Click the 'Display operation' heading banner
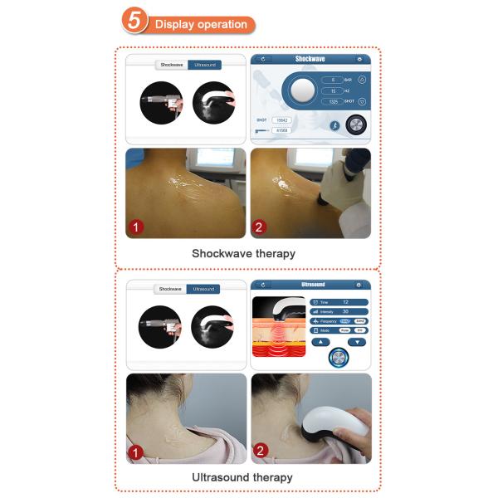(201, 25)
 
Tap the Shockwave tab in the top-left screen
(171, 64)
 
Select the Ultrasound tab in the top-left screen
(203, 64)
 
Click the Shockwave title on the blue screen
(310, 60)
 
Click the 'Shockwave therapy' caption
(243, 253)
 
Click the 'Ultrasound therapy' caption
(242, 477)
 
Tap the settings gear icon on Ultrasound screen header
(359, 285)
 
